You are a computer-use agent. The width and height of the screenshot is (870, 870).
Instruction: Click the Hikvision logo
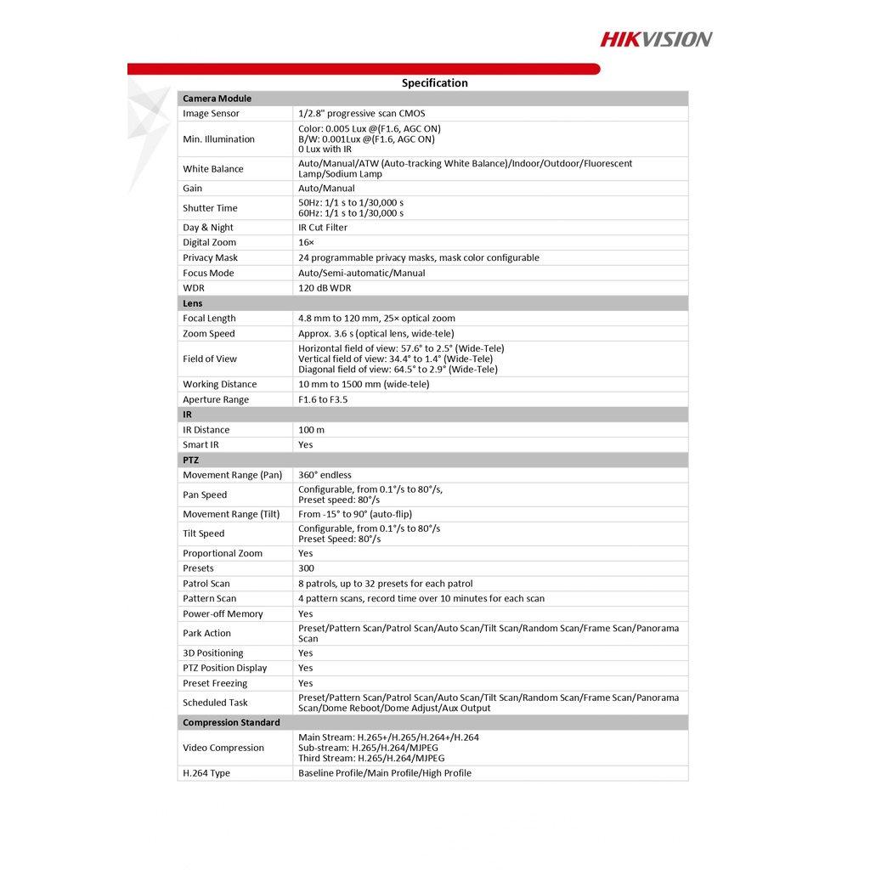(656, 38)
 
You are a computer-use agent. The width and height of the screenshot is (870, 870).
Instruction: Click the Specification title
(434, 83)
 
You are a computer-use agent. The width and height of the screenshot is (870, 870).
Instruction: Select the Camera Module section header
(217, 99)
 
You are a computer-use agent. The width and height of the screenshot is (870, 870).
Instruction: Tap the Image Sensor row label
(211, 114)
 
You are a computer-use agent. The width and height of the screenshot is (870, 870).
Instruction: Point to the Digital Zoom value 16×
(306, 243)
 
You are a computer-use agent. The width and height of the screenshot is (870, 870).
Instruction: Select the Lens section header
(192, 303)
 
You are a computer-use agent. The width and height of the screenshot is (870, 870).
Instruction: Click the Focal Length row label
(209, 319)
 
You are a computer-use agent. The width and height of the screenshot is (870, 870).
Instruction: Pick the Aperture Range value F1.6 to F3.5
(323, 399)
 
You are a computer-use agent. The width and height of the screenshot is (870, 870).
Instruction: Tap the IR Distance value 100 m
(311, 430)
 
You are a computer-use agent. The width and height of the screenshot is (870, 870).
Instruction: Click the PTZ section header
(190, 460)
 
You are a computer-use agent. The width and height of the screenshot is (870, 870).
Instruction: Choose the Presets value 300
(306, 568)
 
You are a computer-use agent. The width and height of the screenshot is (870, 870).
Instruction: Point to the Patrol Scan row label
(206, 584)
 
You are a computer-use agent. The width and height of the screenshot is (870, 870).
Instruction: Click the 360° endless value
(325, 475)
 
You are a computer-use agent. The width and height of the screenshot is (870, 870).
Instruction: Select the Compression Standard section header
(231, 723)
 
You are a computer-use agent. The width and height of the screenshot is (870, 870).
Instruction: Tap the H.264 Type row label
(206, 773)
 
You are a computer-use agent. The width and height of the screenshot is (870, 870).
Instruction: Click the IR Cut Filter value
(323, 228)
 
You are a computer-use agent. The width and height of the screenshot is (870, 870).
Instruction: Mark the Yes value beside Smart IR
(305, 445)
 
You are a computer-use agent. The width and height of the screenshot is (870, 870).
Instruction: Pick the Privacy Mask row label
(210, 258)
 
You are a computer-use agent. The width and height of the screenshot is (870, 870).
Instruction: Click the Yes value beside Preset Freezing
(305, 683)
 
